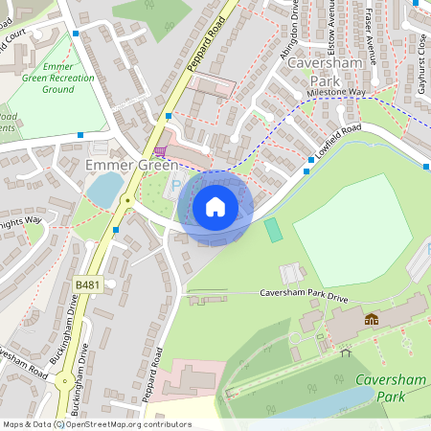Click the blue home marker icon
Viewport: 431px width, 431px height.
coord(215,207)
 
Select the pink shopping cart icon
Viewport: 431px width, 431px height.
coord(160,150)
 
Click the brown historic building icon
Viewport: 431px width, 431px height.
coord(372,319)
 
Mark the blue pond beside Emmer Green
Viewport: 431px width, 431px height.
coord(104,188)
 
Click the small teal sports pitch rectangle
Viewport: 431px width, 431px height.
coord(274,230)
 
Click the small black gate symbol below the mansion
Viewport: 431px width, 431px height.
coord(341,349)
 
